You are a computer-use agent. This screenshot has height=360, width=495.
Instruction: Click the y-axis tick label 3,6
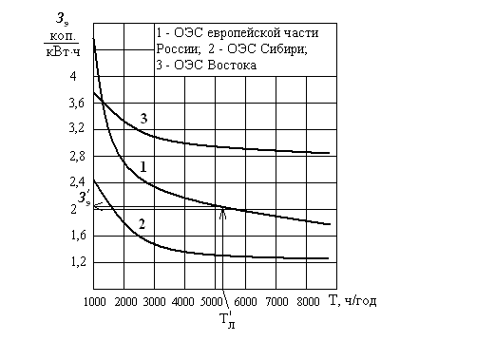77,104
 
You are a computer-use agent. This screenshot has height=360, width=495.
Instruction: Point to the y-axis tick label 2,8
78,157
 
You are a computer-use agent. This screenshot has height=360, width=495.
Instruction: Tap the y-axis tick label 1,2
78,262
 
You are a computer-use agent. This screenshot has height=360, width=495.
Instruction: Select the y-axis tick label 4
73,76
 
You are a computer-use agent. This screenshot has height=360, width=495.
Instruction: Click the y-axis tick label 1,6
78,236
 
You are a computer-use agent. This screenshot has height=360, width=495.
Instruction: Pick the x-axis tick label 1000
95,302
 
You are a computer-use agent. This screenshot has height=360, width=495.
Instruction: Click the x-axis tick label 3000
154,302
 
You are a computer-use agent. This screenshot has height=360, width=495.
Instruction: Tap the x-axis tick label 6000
245,302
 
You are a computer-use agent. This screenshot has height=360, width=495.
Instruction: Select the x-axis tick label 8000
308,302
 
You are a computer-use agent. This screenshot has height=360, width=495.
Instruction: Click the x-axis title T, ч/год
353,300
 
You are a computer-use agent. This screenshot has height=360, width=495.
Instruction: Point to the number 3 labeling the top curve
143,119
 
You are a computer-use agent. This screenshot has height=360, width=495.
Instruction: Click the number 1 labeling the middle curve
143,167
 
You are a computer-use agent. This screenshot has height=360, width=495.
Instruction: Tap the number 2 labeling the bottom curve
142,224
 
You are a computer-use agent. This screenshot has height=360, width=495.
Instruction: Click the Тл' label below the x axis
227,320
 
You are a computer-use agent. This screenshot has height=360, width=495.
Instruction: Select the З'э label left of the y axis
85,199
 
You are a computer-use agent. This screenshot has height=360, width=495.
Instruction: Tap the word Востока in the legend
232,66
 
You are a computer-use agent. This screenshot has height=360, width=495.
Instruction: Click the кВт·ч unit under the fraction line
63,52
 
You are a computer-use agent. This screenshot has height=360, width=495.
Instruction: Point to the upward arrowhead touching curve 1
223,213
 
